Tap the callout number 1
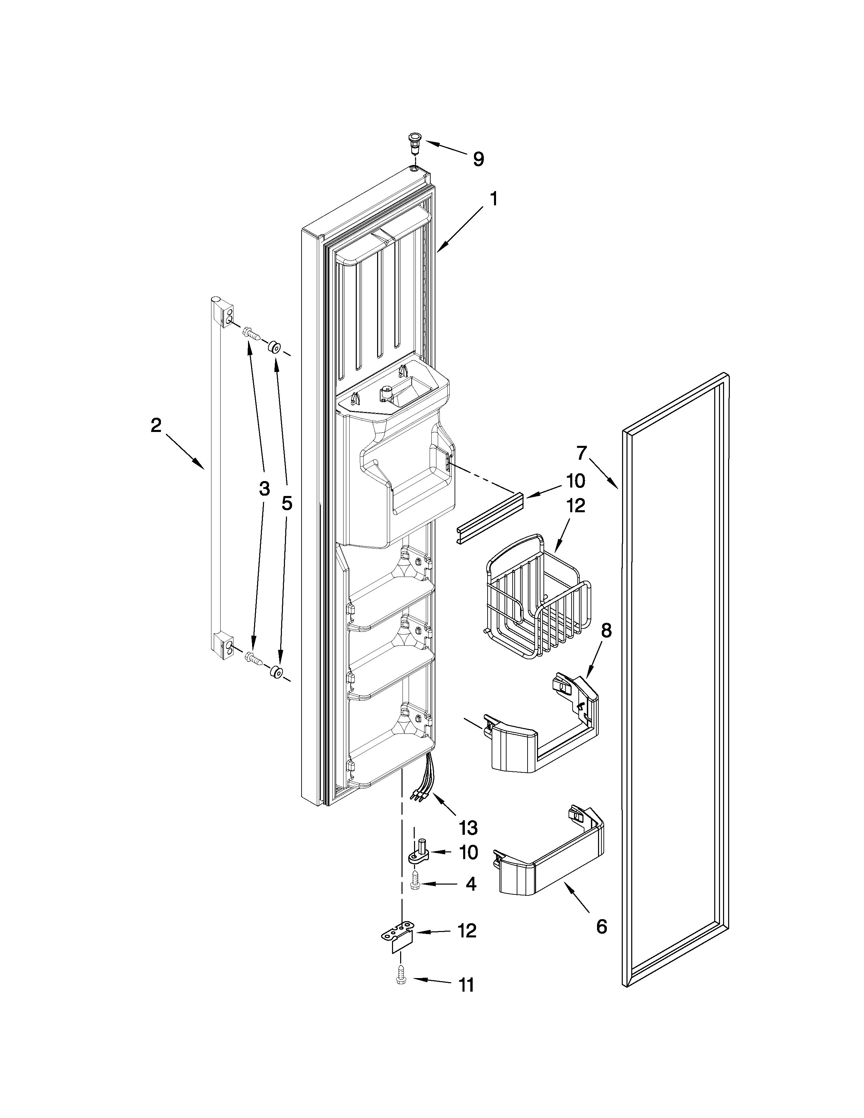(x=493, y=199)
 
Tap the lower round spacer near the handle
(x=276, y=671)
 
